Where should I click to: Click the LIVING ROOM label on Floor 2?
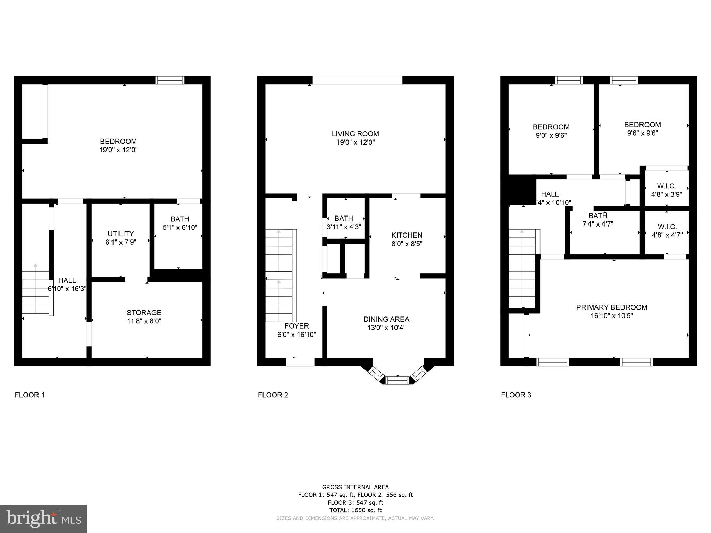tap(355, 134)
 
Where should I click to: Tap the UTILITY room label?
tap(120, 234)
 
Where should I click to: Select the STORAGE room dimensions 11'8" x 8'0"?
tap(144, 321)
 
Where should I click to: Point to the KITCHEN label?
tap(407, 235)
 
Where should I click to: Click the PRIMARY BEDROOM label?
tap(611, 307)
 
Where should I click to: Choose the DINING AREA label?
tap(386, 319)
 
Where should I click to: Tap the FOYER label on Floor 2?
tap(296, 326)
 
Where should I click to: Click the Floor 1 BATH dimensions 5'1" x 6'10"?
tap(180, 228)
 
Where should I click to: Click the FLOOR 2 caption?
tap(273, 395)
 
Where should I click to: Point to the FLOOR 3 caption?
tap(516, 395)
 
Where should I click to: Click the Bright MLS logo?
tap(43, 518)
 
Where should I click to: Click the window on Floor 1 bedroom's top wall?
tap(169, 80)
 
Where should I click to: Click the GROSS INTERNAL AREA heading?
tap(355, 487)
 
